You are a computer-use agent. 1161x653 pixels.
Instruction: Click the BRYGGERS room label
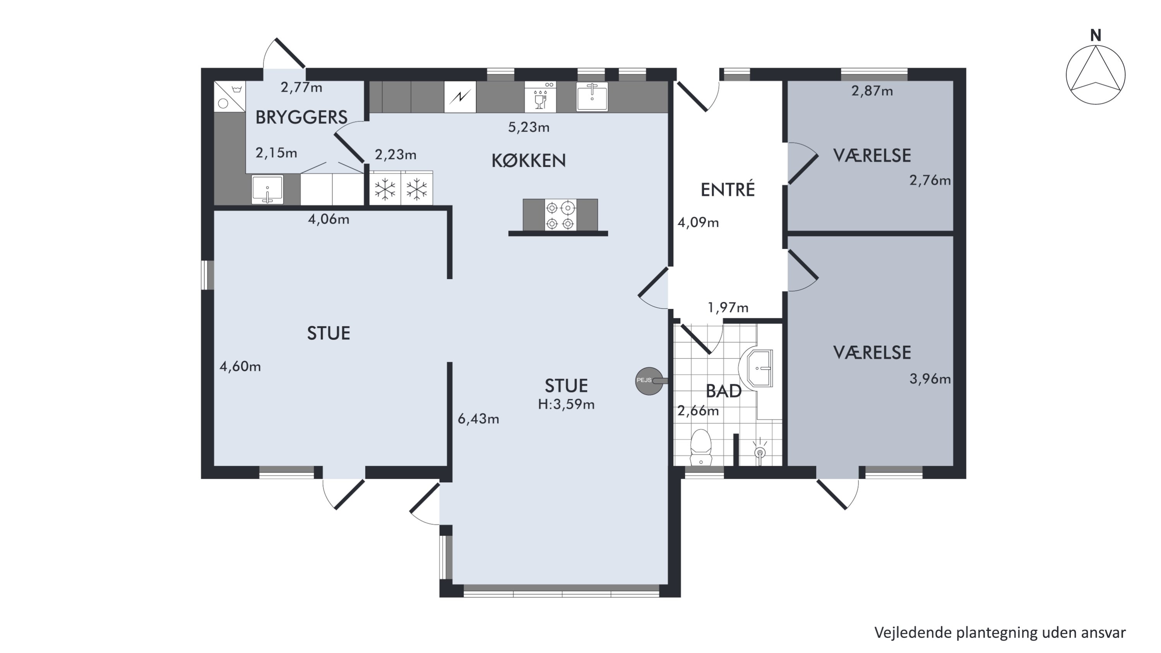(301, 117)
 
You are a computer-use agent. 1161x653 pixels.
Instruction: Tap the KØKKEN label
(528, 160)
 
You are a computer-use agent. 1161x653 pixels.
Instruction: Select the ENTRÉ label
(728, 190)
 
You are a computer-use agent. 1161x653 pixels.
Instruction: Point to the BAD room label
(723, 391)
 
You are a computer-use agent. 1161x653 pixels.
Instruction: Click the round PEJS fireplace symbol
(649, 381)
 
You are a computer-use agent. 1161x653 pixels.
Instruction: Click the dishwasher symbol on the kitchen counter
(540, 97)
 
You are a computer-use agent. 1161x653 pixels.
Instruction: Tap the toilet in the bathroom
(700, 447)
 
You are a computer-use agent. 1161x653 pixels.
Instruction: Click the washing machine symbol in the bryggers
(229, 96)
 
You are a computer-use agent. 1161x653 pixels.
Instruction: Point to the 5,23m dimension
(529, 127)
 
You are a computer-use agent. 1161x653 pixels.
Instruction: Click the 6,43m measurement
(478, 419)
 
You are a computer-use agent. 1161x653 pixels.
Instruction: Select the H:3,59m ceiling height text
(566, 404)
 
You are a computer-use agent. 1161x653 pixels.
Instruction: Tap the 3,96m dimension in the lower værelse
(930, 379)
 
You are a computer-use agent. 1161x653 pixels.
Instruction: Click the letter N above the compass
(1096, 35)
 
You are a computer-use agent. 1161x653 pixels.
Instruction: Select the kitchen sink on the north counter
(592, 96)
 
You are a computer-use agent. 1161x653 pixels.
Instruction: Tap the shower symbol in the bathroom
(760, 451)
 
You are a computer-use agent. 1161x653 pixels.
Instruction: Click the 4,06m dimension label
(329, 219)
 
